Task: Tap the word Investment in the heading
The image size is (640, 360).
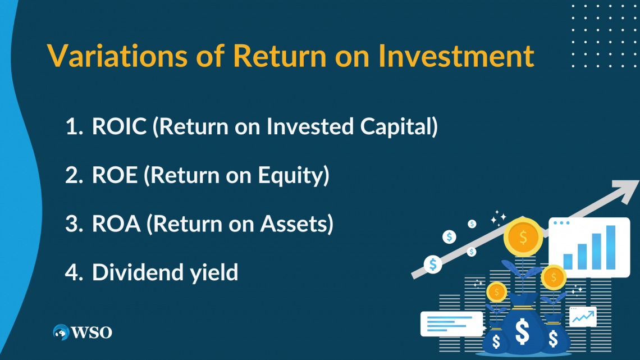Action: point(456,55)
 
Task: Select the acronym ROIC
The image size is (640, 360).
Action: point(119,126)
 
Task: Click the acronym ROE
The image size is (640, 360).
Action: point(115,175)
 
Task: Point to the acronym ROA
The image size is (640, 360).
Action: point(116,224)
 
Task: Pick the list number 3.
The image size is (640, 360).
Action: point(74,224)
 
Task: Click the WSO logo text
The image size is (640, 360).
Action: point(92,332)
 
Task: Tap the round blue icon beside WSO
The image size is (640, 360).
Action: point(61,332)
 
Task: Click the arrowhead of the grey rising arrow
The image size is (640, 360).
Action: point(627,190)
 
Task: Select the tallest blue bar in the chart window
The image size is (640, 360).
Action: point(611,247)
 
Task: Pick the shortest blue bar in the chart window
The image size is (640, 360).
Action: point(568,262)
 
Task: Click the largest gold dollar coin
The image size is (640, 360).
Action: point(523,237)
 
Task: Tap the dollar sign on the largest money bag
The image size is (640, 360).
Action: point(523,331)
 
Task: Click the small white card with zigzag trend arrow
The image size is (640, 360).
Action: point(583,317)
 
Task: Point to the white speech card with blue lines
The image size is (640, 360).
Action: point(452,324)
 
